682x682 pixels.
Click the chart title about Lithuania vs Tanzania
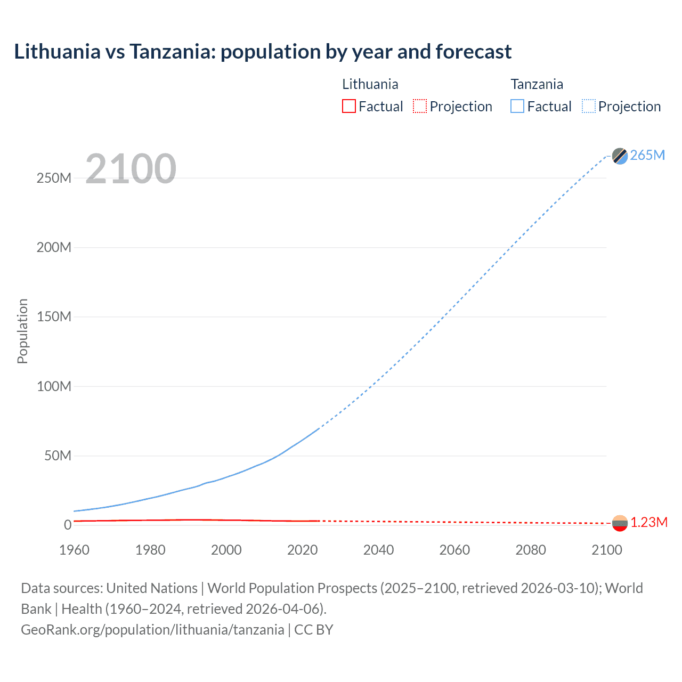263,52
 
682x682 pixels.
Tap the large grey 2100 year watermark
131,169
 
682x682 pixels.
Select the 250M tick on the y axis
54,178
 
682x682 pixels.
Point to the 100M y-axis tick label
54,386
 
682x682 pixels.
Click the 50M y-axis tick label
58,456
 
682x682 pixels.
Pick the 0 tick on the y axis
68,525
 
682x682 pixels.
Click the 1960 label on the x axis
74,550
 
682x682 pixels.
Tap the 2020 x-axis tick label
302,550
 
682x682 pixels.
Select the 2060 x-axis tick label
454,550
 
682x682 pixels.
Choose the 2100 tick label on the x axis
606,550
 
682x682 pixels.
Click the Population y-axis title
22,331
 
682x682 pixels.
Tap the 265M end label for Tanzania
647,155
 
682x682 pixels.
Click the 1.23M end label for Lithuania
649,522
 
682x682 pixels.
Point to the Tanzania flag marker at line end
620,156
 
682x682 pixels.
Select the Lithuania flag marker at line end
620,523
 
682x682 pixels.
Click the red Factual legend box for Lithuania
348,106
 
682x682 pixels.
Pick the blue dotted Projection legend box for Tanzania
589,106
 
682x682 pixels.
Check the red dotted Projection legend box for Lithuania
420,106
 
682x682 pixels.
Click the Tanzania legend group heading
537,84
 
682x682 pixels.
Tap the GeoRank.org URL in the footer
152,630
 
